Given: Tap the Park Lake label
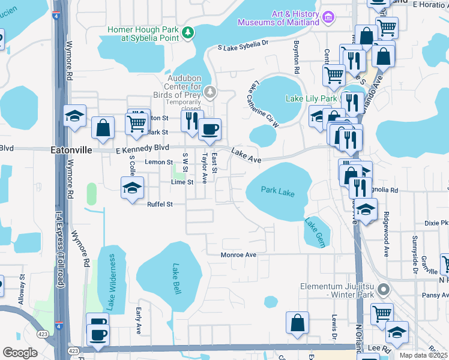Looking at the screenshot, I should coord(278,192).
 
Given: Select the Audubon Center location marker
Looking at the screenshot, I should coord(209,91).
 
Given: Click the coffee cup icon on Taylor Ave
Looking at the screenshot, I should coord(209,129).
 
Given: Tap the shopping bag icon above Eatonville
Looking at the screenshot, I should coord(103,127).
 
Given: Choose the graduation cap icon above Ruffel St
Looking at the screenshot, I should coord(132,188).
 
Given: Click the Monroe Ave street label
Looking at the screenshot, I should coord(238,255).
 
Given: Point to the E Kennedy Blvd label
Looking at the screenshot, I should coord(143,148).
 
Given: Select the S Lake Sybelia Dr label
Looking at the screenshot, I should coord(243,45).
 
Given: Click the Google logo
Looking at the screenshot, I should coord(20,353).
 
